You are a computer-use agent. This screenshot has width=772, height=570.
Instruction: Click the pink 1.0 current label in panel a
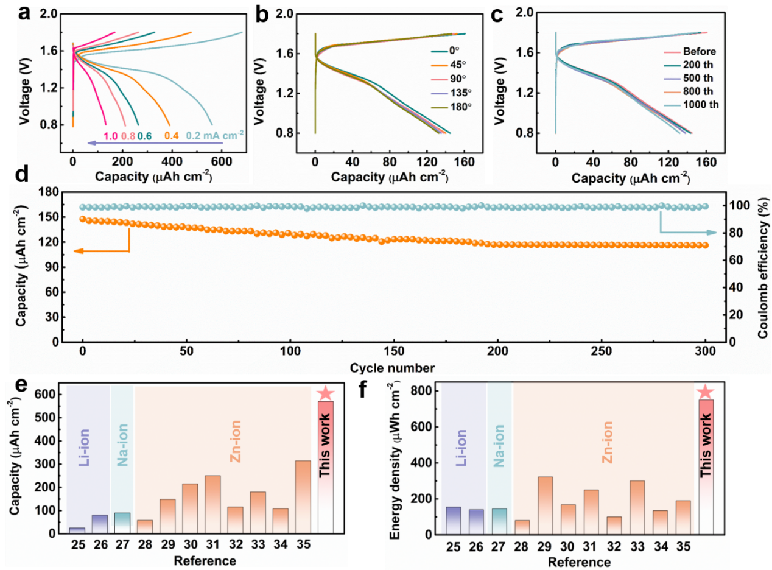click(110, 137)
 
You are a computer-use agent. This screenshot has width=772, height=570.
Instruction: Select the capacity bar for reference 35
click(303, 496)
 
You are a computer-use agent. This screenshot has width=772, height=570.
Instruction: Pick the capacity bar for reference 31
click(212, 504)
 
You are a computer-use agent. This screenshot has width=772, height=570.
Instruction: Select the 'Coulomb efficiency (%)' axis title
click(763, 266)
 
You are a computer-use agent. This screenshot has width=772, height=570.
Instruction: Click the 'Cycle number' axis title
click(392, 368)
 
